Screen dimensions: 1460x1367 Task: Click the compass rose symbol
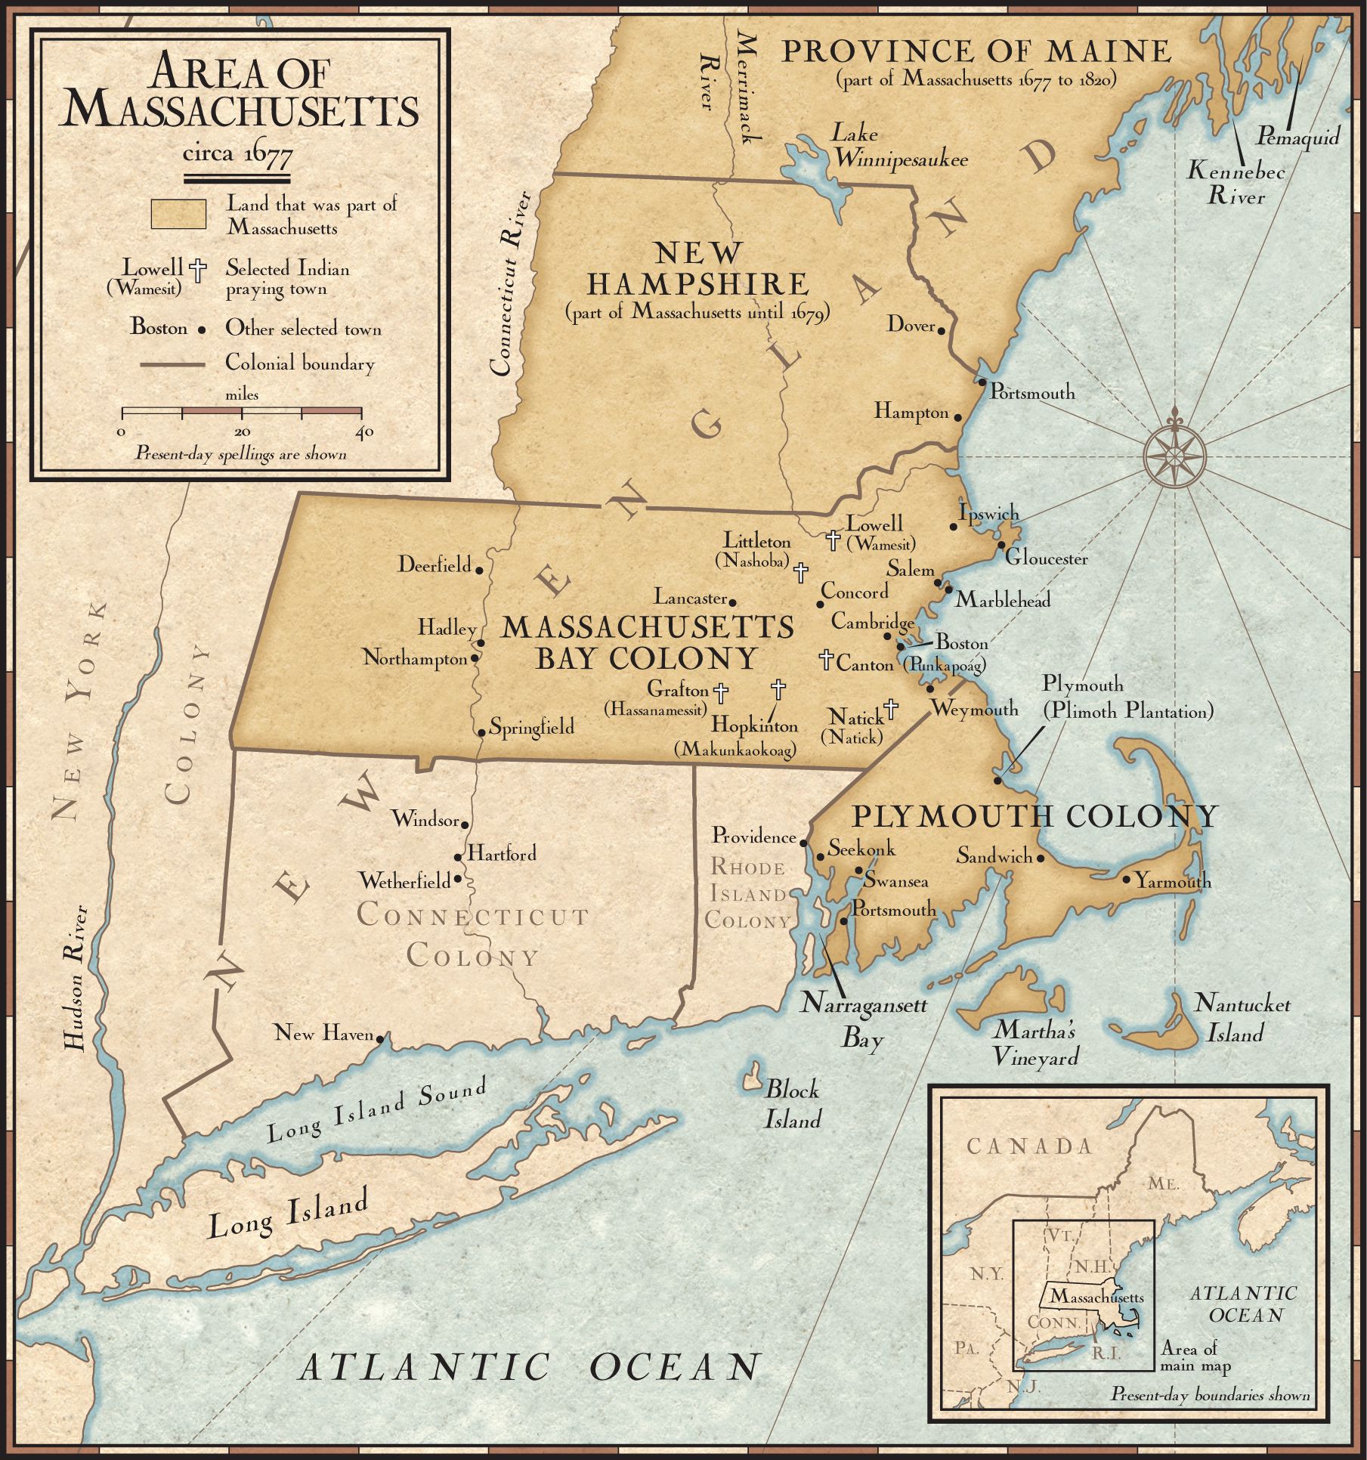point(1174,456)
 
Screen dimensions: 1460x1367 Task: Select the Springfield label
point(532,727)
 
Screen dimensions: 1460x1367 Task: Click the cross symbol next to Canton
point(826,659)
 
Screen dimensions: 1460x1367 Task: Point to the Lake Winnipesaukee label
point(899,147)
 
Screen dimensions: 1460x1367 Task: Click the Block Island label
point(792,1104)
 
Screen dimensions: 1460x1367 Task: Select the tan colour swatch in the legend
point(178,214)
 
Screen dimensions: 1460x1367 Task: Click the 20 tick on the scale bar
point(242,413)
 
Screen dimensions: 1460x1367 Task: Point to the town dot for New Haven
point(380,1039)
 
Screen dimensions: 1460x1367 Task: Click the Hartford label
point(502,854)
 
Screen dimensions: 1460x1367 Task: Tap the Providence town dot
point(804,843)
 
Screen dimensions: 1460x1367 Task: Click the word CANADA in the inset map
point(1030,1146)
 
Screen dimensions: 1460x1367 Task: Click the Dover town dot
point(942,329)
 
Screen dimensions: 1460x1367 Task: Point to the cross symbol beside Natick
point(891,709)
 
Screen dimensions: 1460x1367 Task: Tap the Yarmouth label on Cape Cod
point(1173,881)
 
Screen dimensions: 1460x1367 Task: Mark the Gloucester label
point(1046,558)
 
